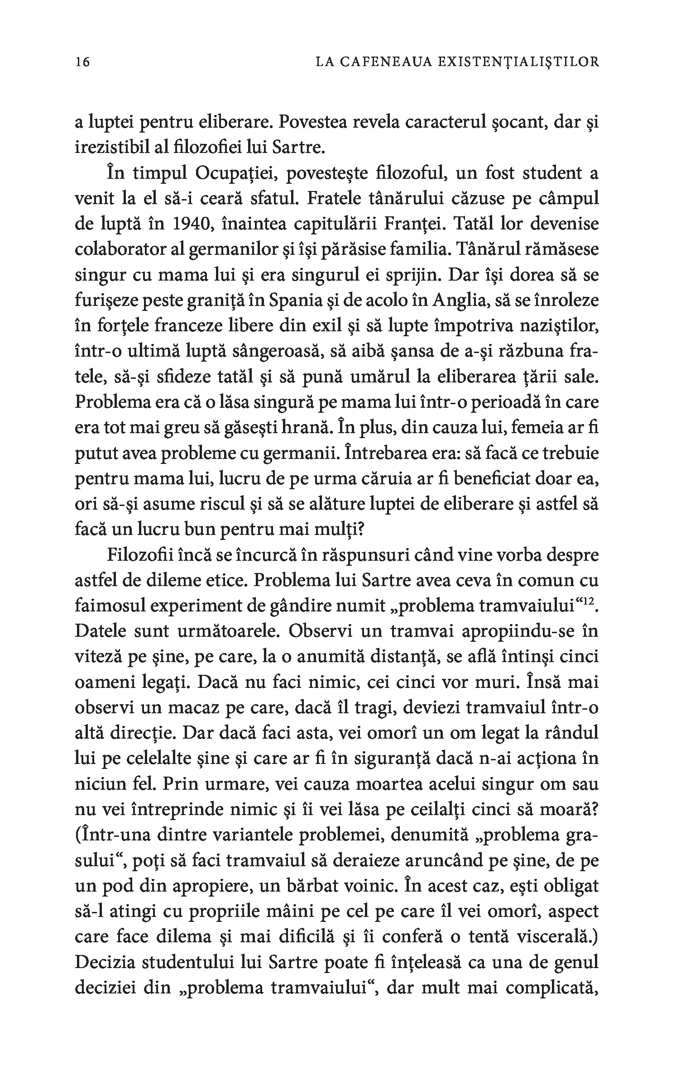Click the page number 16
83,62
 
